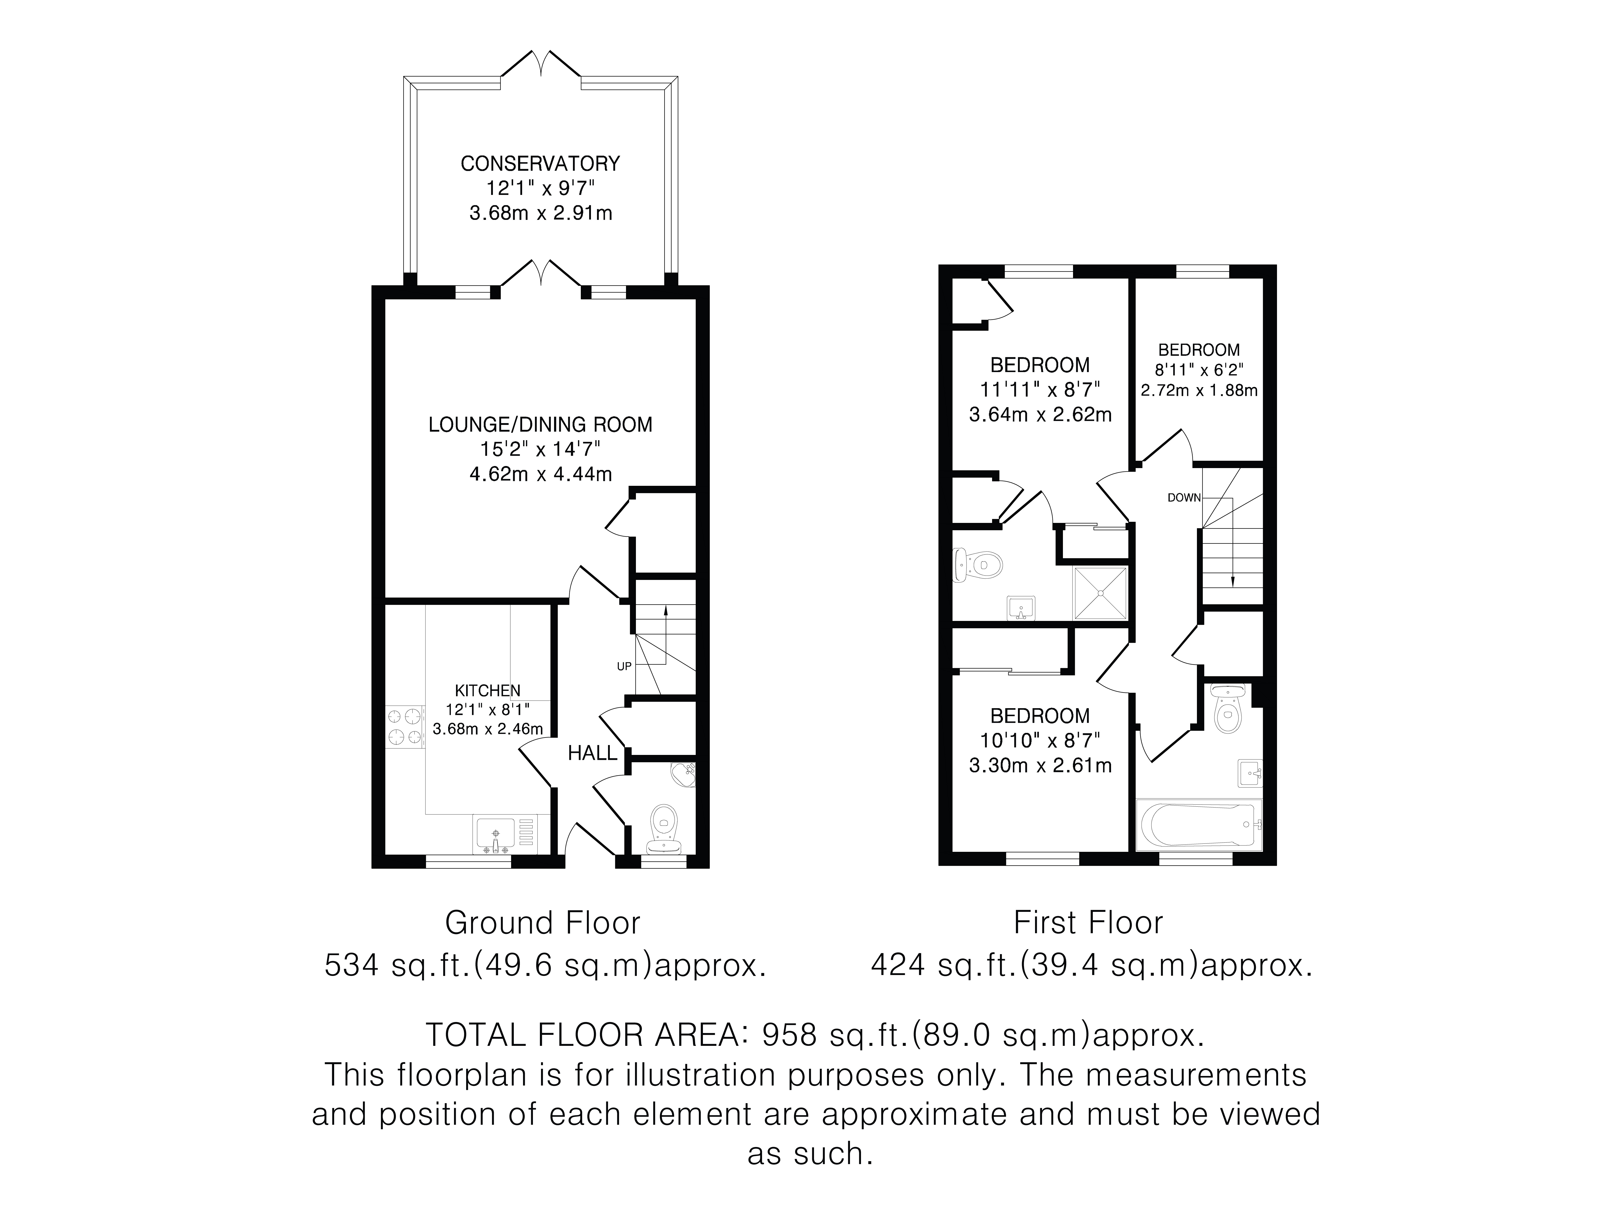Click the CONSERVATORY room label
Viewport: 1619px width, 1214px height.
point(540,163)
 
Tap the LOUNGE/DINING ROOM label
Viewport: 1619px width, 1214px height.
point(540,424)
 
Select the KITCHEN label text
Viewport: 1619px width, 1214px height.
point(487,690)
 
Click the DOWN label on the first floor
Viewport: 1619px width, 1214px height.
point(1183,498)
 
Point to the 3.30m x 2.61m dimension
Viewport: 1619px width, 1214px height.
point(1040,765)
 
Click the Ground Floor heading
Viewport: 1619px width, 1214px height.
point(542,923)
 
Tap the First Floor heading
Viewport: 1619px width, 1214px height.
point(1088,923)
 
